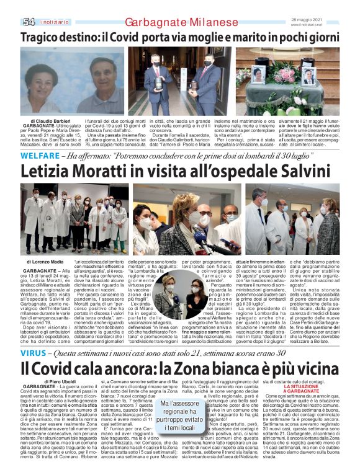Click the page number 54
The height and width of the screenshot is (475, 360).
(29, 22)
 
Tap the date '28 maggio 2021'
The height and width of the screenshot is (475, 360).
(325, 19)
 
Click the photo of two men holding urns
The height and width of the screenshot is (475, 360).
(176, 74)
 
